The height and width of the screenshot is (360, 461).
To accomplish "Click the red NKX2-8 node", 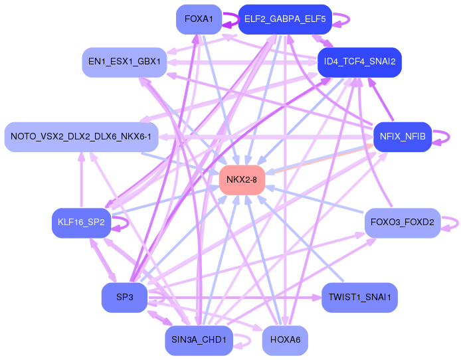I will pos(242,180).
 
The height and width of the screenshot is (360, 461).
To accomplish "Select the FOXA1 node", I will pos(199,19).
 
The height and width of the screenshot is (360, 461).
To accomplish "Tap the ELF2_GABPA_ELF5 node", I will pos(284,19).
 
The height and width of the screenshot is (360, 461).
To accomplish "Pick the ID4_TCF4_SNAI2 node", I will pos(359,62).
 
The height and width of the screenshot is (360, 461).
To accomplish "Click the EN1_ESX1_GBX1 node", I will pos(124,62).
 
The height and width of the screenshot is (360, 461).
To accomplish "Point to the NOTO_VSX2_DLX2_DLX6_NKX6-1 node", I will pos(81,137).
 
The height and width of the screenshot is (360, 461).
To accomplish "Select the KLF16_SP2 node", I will pos(81,223).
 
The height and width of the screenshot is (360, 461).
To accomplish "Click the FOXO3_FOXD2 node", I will pos(402,223).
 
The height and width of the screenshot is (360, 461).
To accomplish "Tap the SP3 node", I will pos(124,298).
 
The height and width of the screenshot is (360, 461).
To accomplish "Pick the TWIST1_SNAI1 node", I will pos(359,298).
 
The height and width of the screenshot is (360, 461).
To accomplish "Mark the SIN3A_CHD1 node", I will pos(199,340).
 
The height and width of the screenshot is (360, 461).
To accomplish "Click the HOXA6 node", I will pos(284,340).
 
